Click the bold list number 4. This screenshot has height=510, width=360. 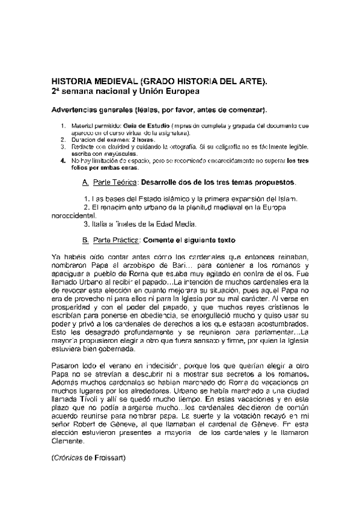pos(63,161)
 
